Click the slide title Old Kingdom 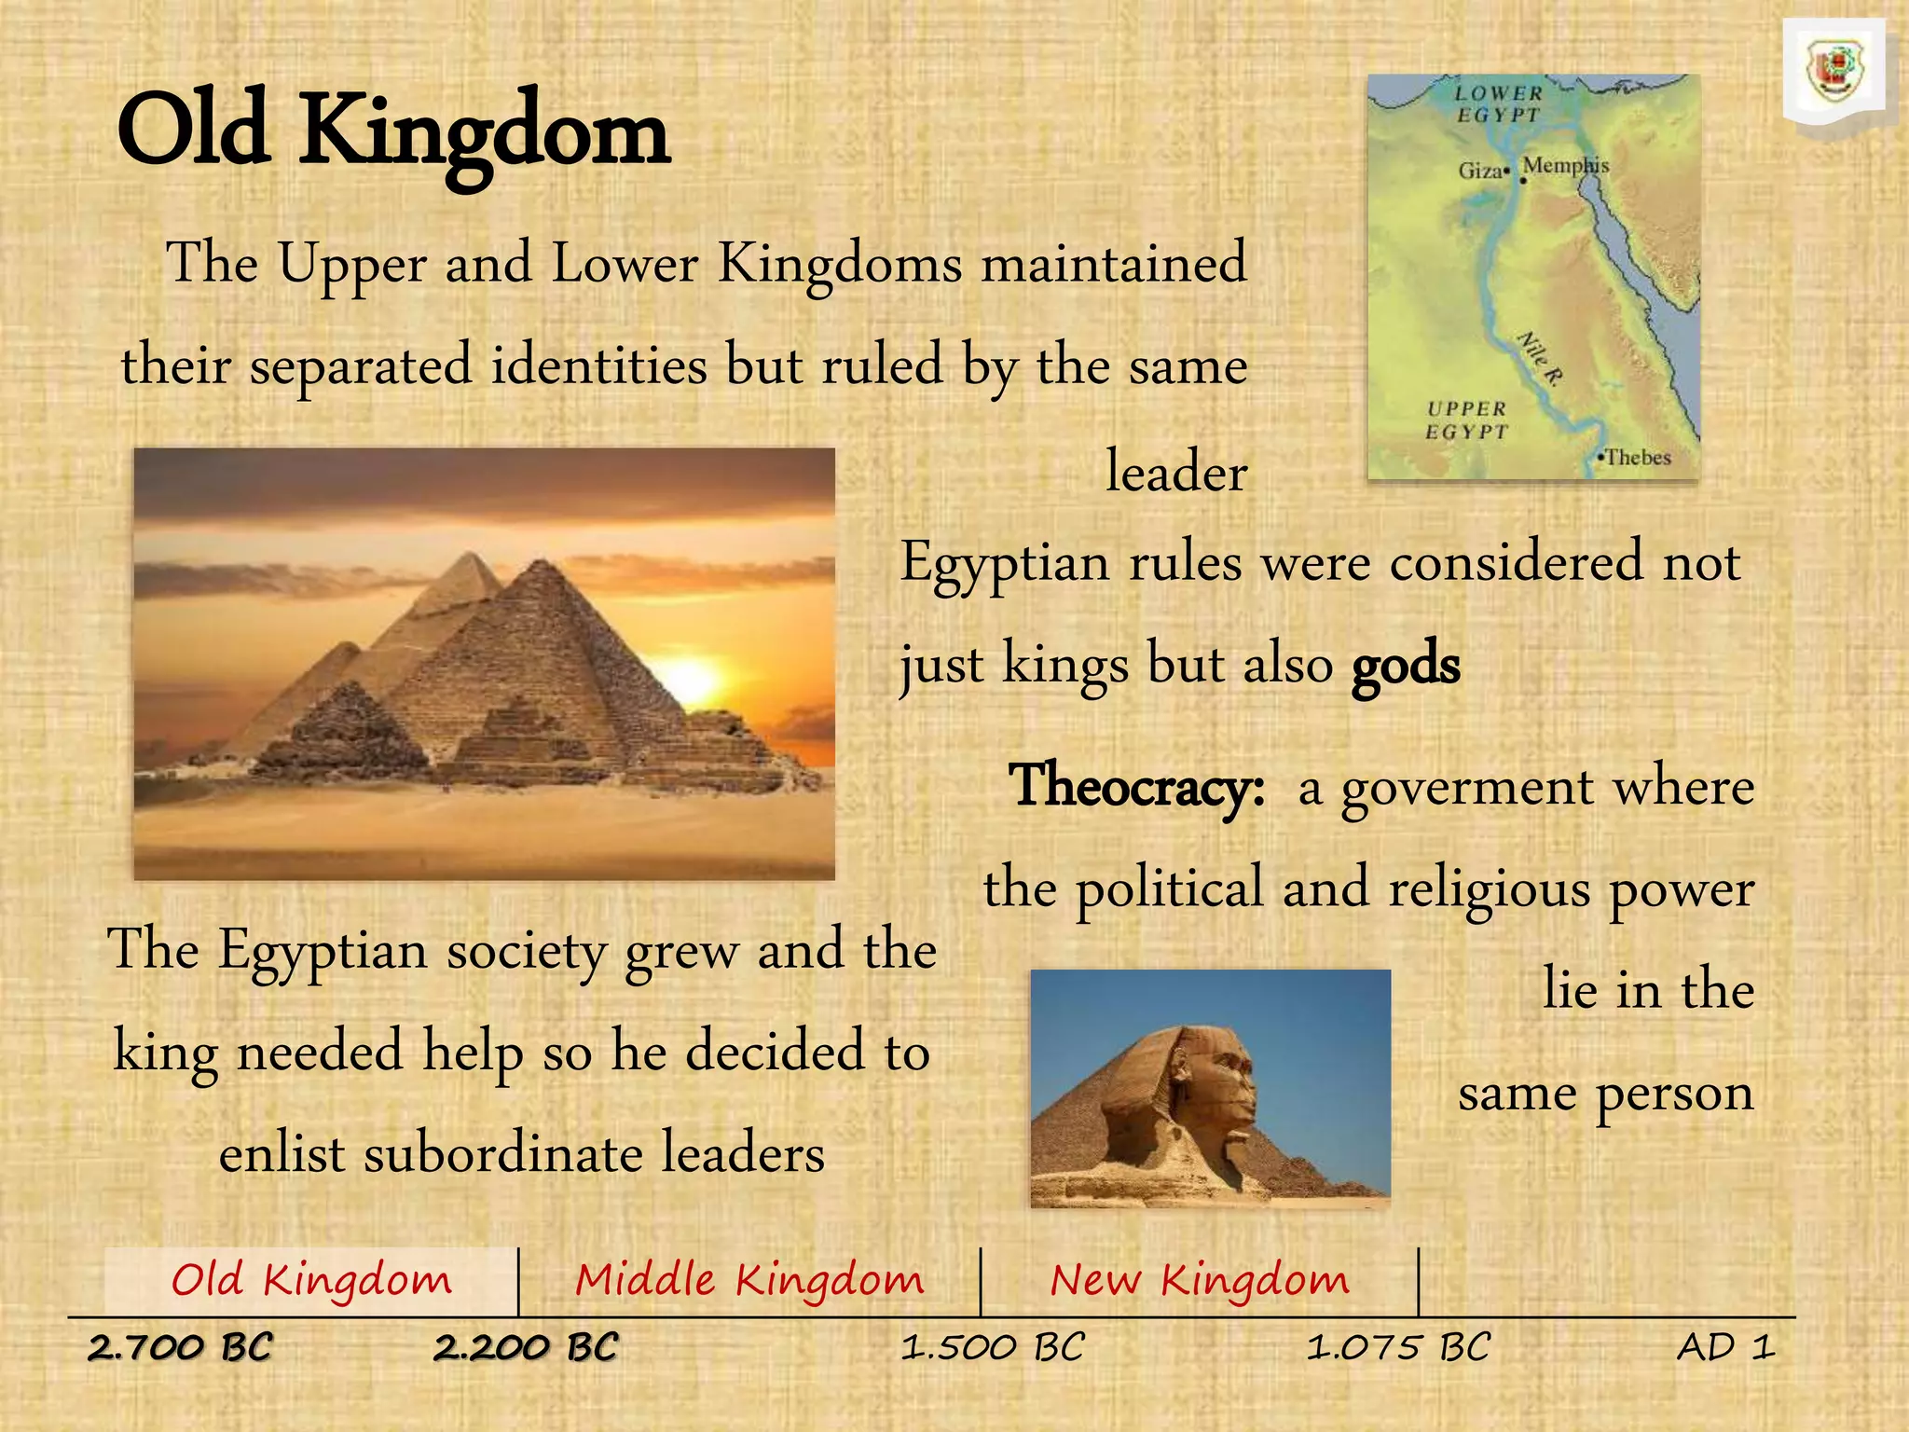(392, 133)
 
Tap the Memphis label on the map (1566, 165)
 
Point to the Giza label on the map (1480, 171)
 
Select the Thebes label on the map (1638, 458)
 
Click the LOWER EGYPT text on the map (1499, 103)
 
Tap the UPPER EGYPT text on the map (1466, 420)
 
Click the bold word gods (1406, 665)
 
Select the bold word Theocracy (1136, 786)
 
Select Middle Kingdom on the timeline (749, 1280)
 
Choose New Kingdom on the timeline (1200, 1280)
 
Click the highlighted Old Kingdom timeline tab (311, 1280)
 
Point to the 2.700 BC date (180, 1348)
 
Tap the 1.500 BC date (993, 1348)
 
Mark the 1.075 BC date (1398, 1348)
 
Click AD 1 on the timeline (1725, 1348)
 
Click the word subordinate (502, 1154)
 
